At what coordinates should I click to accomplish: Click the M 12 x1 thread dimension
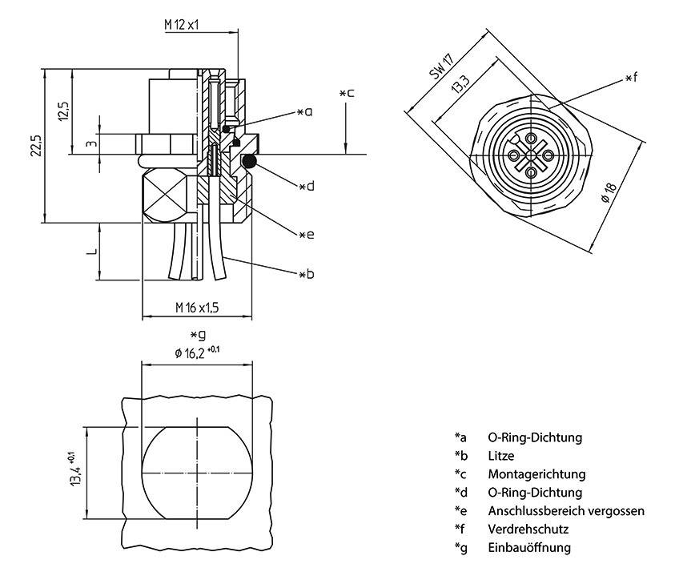click(x=182, y=25)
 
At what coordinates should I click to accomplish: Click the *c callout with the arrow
click(x=346, y=94)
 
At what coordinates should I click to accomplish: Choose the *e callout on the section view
click(x=305, y=235)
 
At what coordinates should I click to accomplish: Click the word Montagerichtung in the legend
click(x=536, y=474)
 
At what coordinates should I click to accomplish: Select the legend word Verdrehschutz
click(x=528, y=530)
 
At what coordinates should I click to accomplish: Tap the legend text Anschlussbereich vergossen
click(x=565, y=511)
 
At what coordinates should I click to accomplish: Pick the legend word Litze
click(x=500, y=456)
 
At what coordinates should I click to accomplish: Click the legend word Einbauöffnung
click(x=528, y=548)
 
